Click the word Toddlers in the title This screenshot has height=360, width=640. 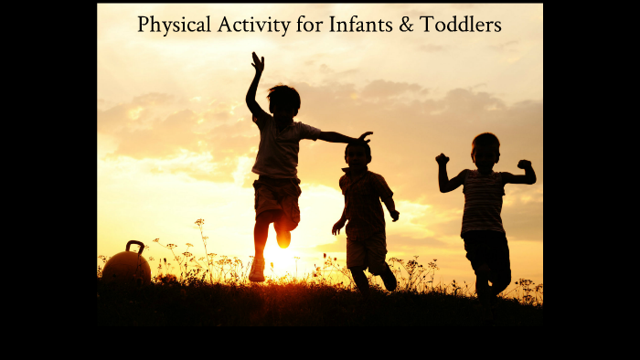[462, 25]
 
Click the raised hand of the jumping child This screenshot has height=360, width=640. [258, 61]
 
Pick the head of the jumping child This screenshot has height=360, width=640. [283, 99]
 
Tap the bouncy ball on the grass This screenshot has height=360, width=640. [126, 266]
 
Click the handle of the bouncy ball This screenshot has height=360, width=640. [134, 246]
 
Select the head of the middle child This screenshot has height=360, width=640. [358, 153]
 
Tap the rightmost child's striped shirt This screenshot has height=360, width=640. [483, 201]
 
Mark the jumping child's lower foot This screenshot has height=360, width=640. [257, 270]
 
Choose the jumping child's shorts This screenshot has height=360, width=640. [277, 199]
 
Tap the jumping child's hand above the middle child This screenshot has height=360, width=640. [365, 137]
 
